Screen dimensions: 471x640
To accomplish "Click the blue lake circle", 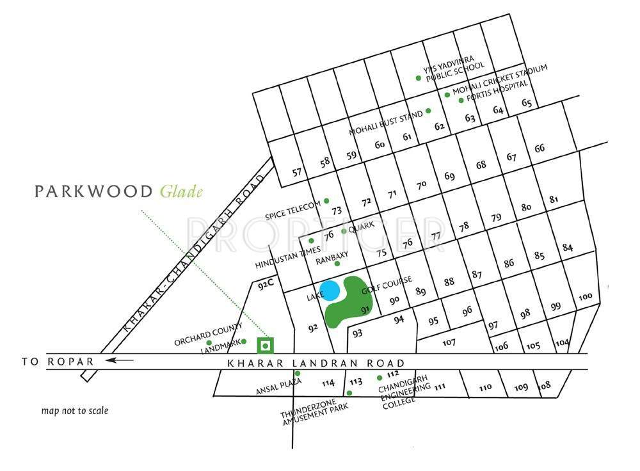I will coord(330,291).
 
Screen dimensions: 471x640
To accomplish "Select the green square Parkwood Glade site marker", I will coord(265,346).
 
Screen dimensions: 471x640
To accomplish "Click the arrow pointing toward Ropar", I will coord(120,360).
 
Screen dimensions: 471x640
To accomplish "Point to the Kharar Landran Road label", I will coord(316,363).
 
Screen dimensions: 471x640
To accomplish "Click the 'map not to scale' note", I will coord(75,411).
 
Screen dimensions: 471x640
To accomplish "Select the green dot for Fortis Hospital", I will coord(461,100).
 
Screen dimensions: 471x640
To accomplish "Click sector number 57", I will coord(297,172).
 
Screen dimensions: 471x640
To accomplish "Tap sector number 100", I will coord(585,297).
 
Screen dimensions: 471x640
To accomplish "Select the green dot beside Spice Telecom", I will coord(326,201).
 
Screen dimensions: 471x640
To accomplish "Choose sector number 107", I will coord(449,342).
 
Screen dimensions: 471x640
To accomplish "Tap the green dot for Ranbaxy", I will coord(337,264).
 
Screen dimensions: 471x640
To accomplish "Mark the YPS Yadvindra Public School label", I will coord(454,67).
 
